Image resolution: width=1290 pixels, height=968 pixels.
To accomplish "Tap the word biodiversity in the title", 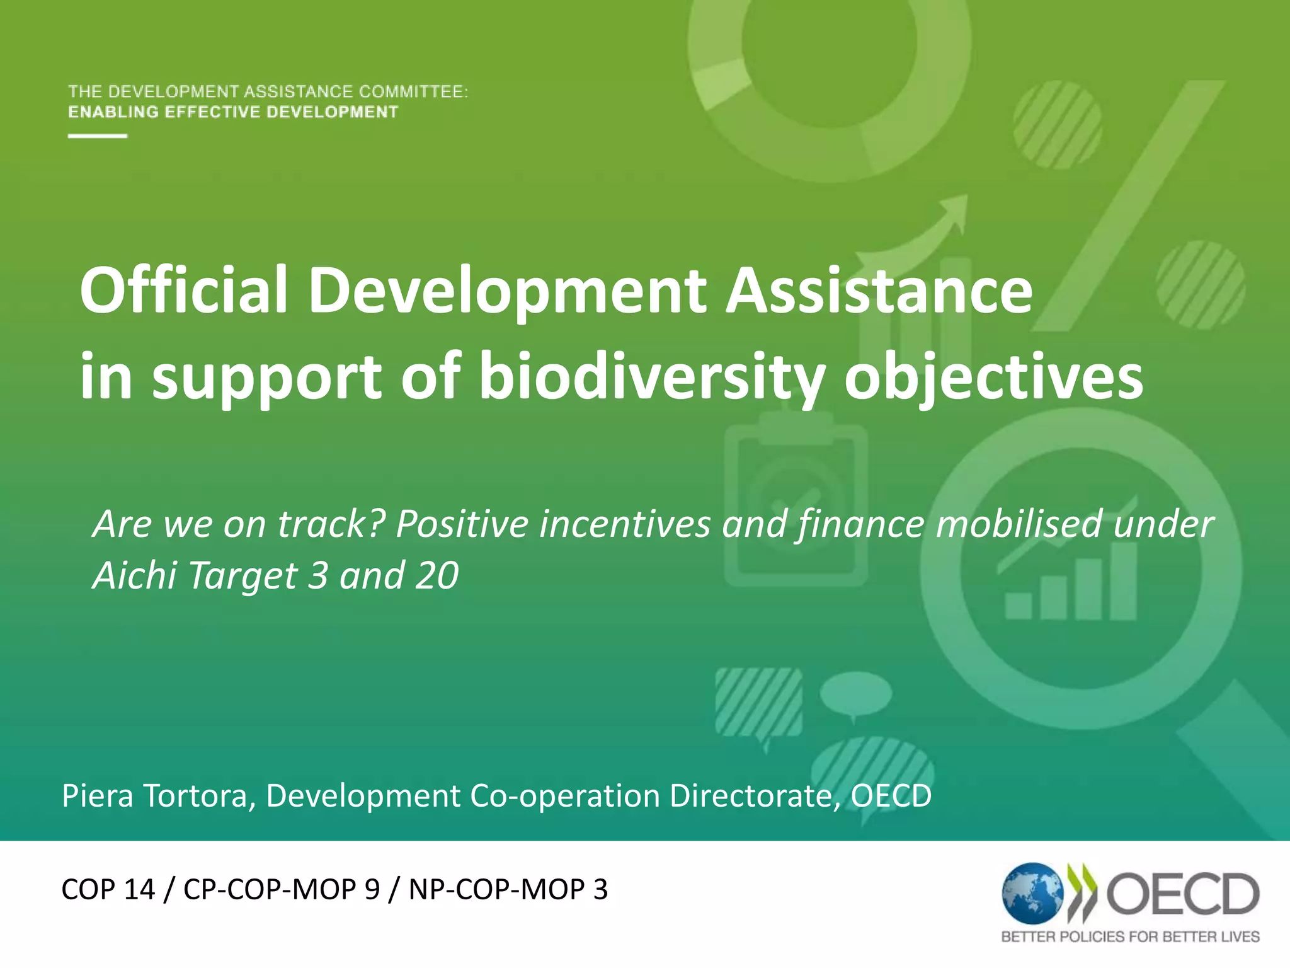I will click(651, 376).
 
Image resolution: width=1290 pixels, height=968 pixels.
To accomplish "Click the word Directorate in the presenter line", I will click(753, 796).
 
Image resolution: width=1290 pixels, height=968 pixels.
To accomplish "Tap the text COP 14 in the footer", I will click(108, 889).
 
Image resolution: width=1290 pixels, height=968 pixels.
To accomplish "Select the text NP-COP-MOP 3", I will click(508, 889).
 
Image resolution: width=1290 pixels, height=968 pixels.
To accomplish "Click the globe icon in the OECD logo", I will click(1032, 894).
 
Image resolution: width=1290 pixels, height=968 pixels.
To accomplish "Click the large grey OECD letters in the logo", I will click(1183, 894).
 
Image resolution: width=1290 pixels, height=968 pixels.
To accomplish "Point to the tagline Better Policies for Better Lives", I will click(1130, 937).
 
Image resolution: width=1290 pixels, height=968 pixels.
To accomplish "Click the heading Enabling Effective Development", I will click(233, 112).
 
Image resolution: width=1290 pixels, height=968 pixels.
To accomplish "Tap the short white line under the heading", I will click(98, 135).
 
